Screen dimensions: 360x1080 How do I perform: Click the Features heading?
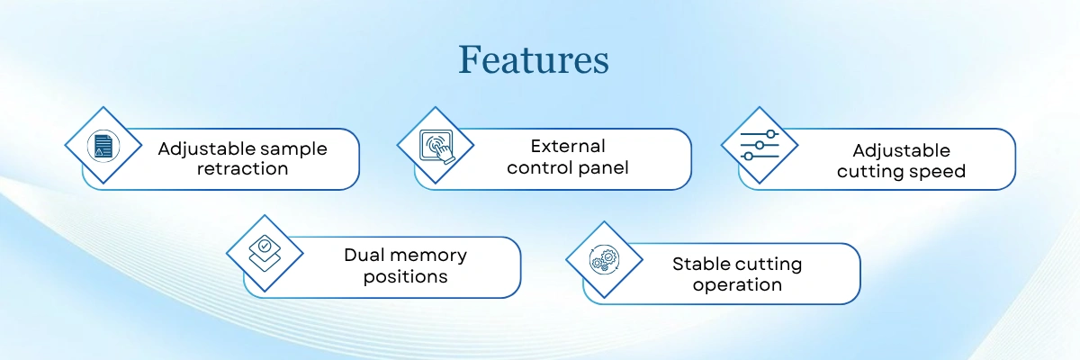(x=533, y=59)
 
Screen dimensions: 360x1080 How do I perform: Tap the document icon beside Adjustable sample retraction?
(x=103, y=145)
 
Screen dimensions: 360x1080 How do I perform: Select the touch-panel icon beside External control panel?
(x=436, y=145)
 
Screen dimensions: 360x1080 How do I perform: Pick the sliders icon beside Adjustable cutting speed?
(x=760, y=145)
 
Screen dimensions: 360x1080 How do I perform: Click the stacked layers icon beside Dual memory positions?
(x=265, y=253)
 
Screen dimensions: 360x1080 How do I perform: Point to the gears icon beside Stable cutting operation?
(x=603, y=260)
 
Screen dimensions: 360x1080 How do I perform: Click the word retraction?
(x=242, y=168)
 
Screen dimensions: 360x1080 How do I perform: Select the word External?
(x=567, y=146)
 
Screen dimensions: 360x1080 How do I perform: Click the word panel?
(x=603, y=167)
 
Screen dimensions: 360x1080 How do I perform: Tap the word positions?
(x=405, y=276)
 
